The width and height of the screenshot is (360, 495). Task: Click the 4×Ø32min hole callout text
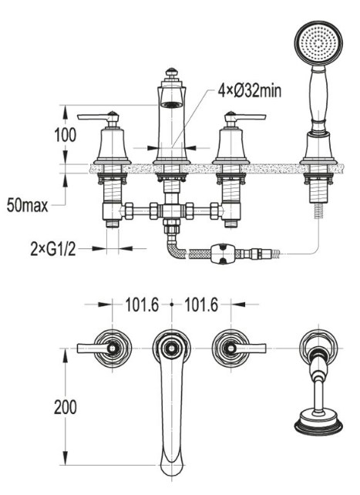(x=249, y=91)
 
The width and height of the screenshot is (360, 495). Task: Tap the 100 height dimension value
(x=66, y=135)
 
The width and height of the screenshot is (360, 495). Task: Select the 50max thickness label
(x=28, y=206)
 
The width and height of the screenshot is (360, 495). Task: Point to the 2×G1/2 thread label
(x=53, y=249)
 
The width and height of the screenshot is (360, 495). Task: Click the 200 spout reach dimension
(x=66, y=407)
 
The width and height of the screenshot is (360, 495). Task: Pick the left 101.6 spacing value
(x=142, y=305)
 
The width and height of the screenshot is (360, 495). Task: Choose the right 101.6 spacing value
(x=201, y=305)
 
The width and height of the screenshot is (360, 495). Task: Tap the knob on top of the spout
(x=171, y=72)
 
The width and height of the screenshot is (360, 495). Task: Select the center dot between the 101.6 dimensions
(x=172, y=305)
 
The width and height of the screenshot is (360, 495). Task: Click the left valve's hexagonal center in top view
(x=112, y=349)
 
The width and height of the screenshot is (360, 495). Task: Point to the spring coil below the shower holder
(x=318, y=210)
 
